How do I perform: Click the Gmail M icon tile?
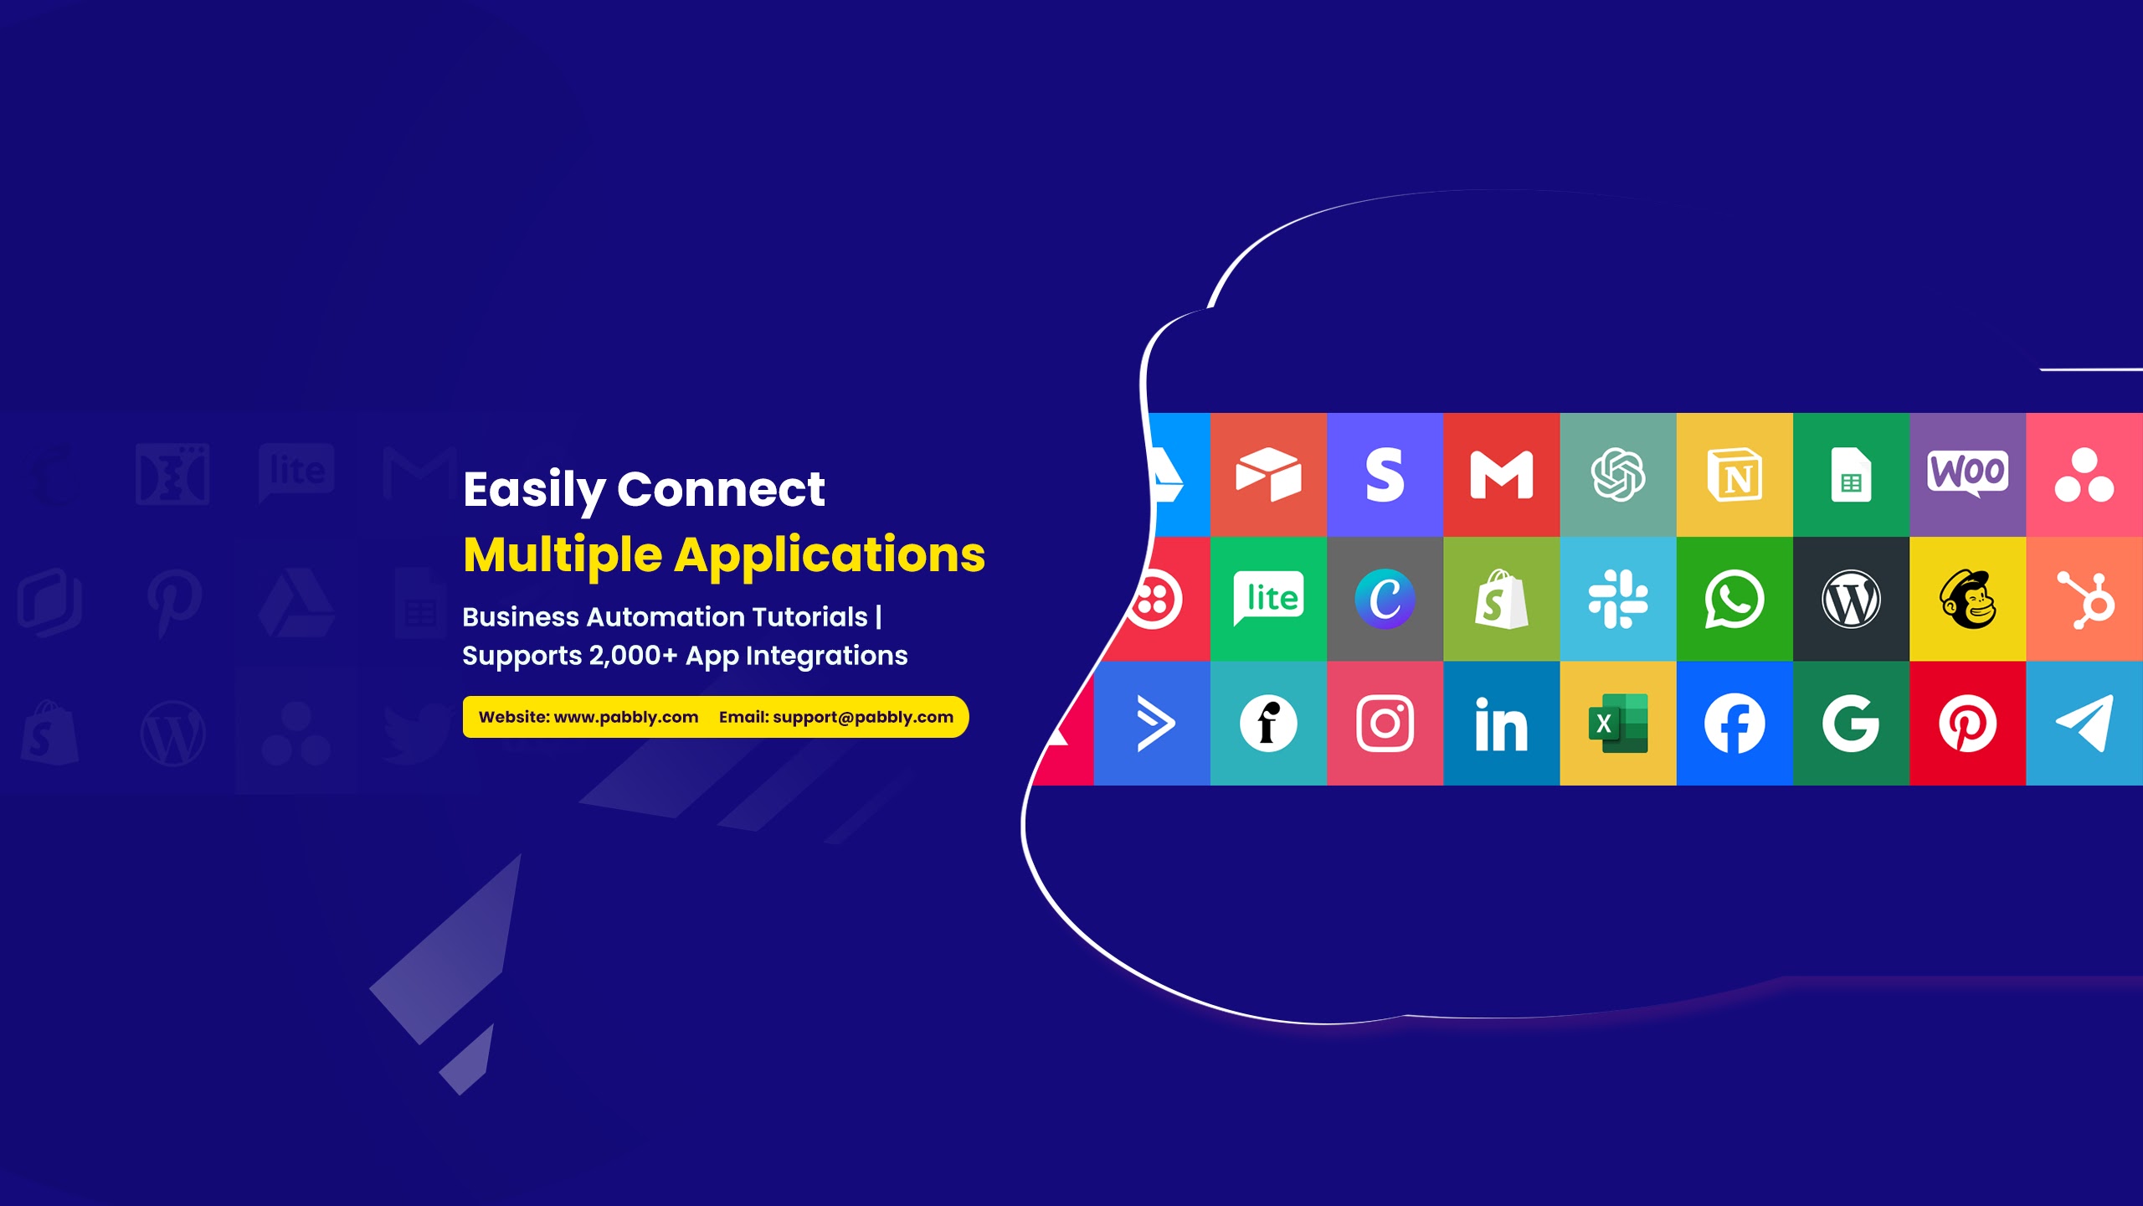(x=1501, y=474)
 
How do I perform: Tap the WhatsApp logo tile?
(x=1734, y=599)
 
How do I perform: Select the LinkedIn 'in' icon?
(x=1501, y=724)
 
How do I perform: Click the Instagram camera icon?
(x=1385, y=724)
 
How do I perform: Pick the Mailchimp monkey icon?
(x=1968, y=599)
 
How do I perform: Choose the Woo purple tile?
(x=1968, y=474)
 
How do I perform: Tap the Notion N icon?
(x=1734, y=475)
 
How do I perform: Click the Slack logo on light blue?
(x=1618, y=599)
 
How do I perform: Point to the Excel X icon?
(x=1618, y=724)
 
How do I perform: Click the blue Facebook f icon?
(x=1734, y=724)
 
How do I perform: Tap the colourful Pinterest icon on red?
(x=1968, y=724)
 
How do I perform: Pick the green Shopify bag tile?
(x=1501, y=599)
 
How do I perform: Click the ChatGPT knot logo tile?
(x=1618, y=474)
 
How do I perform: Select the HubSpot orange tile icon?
(x=2084, y=599)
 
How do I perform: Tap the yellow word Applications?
(x=830, y=556)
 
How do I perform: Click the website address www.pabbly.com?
(x=626, y=717)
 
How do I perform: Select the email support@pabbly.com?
(x=863, y=717)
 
